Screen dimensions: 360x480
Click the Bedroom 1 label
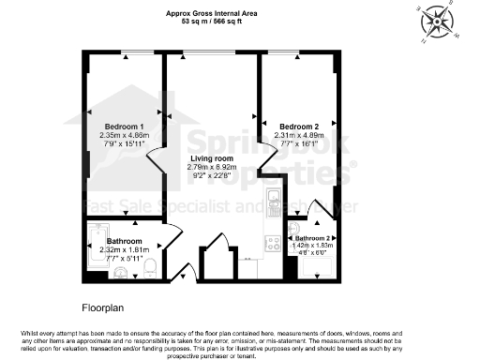[124, 127]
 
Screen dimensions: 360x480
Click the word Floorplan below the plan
[103, 306]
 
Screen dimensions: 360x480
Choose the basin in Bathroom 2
[294, 227]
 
